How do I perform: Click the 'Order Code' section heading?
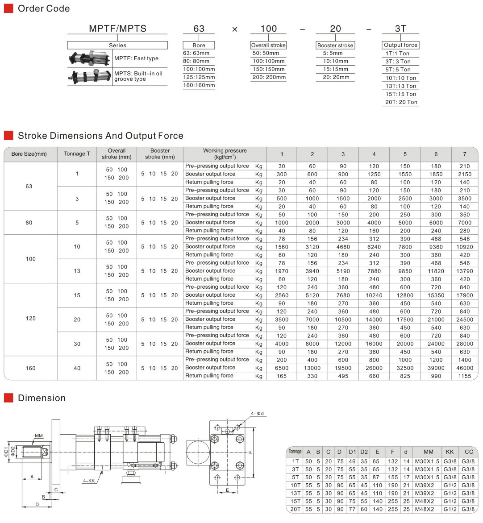pos(43,8)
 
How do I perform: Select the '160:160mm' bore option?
pos(199,85)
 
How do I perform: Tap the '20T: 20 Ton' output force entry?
pos(401,102)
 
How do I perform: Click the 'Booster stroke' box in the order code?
pos(335,45)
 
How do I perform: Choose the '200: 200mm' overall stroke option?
pos(269,77)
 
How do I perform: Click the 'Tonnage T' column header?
pos(77,154)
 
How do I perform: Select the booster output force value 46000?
pos(464,368)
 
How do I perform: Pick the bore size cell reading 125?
pos(30,319)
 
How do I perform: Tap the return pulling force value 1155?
pos(464,376)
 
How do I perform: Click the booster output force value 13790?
pos(464,271)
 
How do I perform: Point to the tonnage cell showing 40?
pos(77,368)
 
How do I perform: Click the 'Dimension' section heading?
pos(42,398)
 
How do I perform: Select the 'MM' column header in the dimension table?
pos(429,452)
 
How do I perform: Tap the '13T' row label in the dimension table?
pos(295,493)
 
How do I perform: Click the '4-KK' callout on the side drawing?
pos(88,481)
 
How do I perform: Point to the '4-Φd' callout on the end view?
pos(258,414)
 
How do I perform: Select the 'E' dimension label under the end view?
pos(227,490)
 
